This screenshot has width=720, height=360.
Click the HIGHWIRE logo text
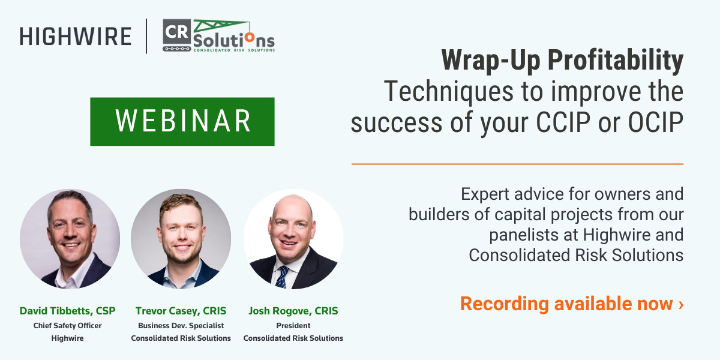[76, 37]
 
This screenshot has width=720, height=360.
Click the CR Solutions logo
[218, 36]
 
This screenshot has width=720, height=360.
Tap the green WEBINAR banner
[182, 121]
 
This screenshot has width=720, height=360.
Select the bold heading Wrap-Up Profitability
[562, 61]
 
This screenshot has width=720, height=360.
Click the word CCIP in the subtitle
[582, 123]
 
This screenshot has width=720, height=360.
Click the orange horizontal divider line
[517, 164]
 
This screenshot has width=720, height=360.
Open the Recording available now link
[571, 304]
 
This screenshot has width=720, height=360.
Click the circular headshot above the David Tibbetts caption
[70, 239]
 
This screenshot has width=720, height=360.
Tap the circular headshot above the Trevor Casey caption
[181, 239]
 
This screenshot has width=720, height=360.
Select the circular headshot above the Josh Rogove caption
[293, 239]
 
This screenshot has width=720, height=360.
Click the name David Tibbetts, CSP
[68, 311]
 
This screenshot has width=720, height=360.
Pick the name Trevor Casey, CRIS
[181, 311]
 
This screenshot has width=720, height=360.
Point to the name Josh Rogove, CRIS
[293, 311]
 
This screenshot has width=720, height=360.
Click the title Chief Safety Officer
[68, 326]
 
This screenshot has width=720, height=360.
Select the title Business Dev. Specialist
[181, 326]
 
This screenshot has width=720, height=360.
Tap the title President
[293, 326]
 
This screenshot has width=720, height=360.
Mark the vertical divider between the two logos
[146, 36]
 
